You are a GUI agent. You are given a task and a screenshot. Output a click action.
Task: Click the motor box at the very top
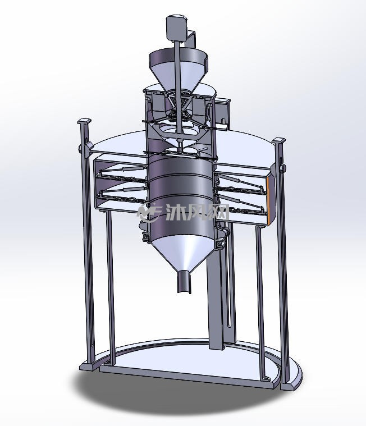177,28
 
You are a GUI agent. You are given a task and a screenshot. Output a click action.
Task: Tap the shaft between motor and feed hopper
177,45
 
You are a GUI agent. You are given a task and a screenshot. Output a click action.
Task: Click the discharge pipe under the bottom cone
185,282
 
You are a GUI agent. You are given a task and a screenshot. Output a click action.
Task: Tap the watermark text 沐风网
197,212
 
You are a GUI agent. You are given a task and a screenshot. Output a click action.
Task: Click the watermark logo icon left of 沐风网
150,212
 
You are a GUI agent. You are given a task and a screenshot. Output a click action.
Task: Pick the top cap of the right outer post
279,141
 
